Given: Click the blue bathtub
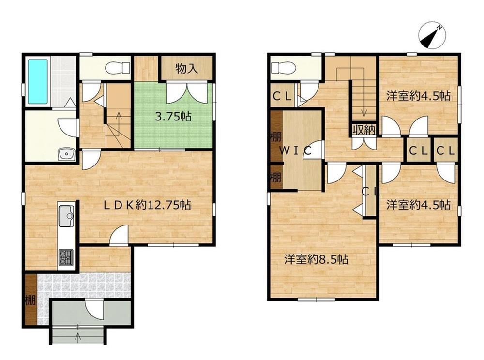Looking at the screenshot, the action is [x=38, y=81].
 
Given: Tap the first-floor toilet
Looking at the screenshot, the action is [x=117, y=68].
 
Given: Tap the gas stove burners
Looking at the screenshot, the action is [x=66, y=257].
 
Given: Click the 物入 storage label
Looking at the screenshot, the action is [x=187, y=69].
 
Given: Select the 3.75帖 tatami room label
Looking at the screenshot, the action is [x=173, y=117].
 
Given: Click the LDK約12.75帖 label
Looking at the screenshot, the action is [x=147, y=205].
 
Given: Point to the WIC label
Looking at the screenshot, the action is [x=295, y=150].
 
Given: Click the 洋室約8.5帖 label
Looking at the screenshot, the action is [x=317, y=259].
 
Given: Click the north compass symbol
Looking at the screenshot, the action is [x=432, y=35].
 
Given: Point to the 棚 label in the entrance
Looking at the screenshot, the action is [x=30, y=300].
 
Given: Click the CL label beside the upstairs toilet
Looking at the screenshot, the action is [x=282, y=97].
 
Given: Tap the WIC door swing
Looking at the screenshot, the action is [x=313, y=150].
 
